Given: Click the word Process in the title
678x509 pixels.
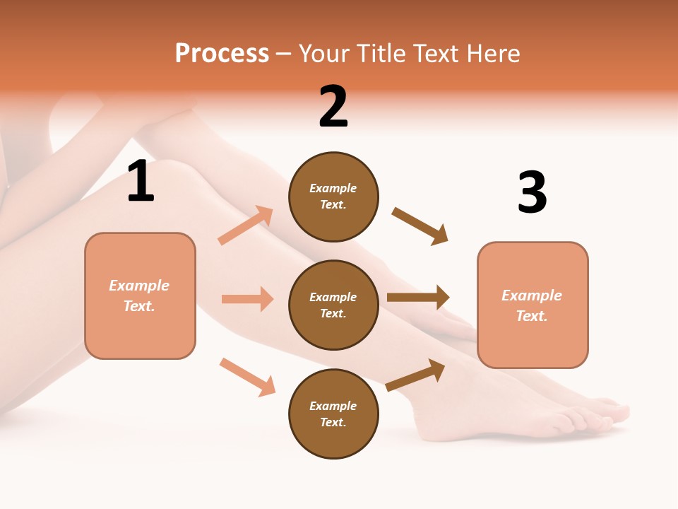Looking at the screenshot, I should (222, 54).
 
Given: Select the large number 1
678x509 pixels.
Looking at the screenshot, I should (141, 182).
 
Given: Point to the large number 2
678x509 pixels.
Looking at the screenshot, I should (333, 107).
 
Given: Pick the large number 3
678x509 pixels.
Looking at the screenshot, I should (532, 192).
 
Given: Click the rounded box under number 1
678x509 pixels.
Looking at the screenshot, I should (140, 296).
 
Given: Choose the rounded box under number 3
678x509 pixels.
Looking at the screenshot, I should (533, 305).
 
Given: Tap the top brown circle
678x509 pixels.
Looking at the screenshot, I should (333, 196).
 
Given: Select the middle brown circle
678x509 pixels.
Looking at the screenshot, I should (333, 305).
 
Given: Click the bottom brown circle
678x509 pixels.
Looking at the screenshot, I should (333, 414).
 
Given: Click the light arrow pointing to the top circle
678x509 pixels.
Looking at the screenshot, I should (246, 226).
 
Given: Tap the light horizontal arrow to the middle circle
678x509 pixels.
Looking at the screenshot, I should (247, 299).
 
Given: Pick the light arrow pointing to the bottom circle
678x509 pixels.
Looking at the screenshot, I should (247, 377).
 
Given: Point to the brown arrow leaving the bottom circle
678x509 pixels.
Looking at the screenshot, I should (415, 375).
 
